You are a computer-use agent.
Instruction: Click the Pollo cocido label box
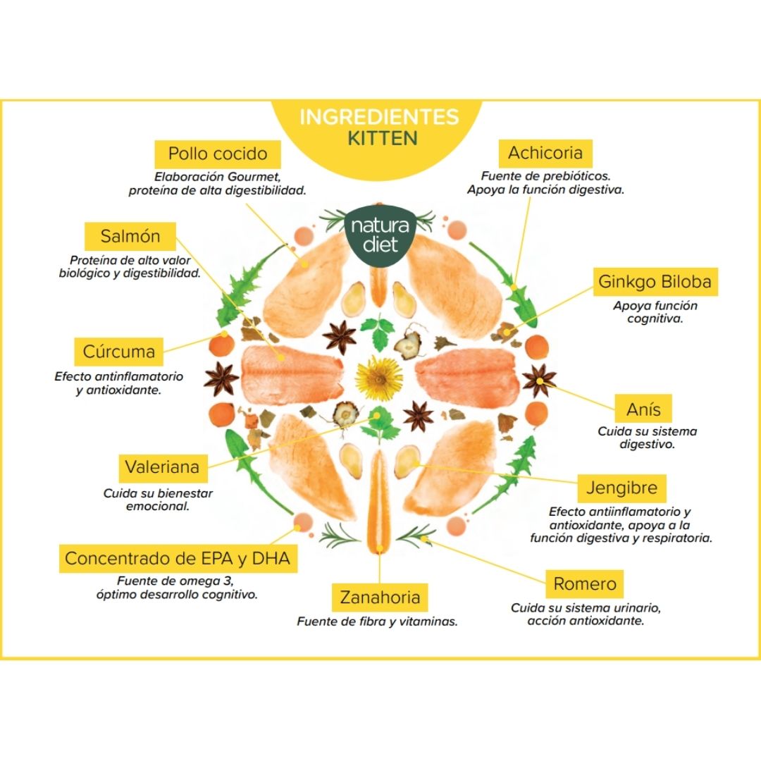click(x=217, y=154)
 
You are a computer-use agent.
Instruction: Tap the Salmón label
click(x=130, y=236)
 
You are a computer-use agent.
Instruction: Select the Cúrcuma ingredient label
click(x=118, y=350)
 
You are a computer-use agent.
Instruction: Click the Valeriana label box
click(x=161, y=466)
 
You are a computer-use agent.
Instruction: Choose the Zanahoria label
click(x=379, y=598)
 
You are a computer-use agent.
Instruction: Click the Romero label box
click(x=584, y=583)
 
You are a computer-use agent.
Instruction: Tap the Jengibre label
click(x=621, y=487)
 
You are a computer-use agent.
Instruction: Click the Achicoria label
click(x=545, y=153)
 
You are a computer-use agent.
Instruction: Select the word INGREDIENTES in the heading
click(x=379, y=116)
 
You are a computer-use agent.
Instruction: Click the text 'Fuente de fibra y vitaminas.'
click(x=377, y=621)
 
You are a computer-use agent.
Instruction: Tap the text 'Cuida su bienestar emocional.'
click(x=158, y=500)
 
